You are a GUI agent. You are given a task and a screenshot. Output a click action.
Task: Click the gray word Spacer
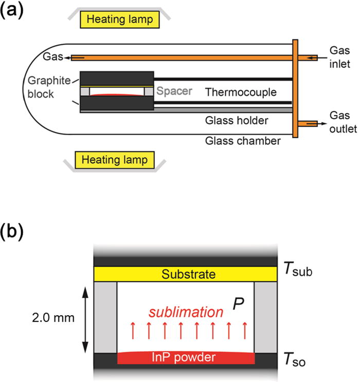click(x=174, y=91)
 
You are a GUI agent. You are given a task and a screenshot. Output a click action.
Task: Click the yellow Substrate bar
click(x=186, y=275)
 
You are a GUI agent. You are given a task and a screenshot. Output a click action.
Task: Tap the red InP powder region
click(x=186, y=357)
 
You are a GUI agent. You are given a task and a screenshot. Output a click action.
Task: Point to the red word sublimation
click(x=186, y=312)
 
